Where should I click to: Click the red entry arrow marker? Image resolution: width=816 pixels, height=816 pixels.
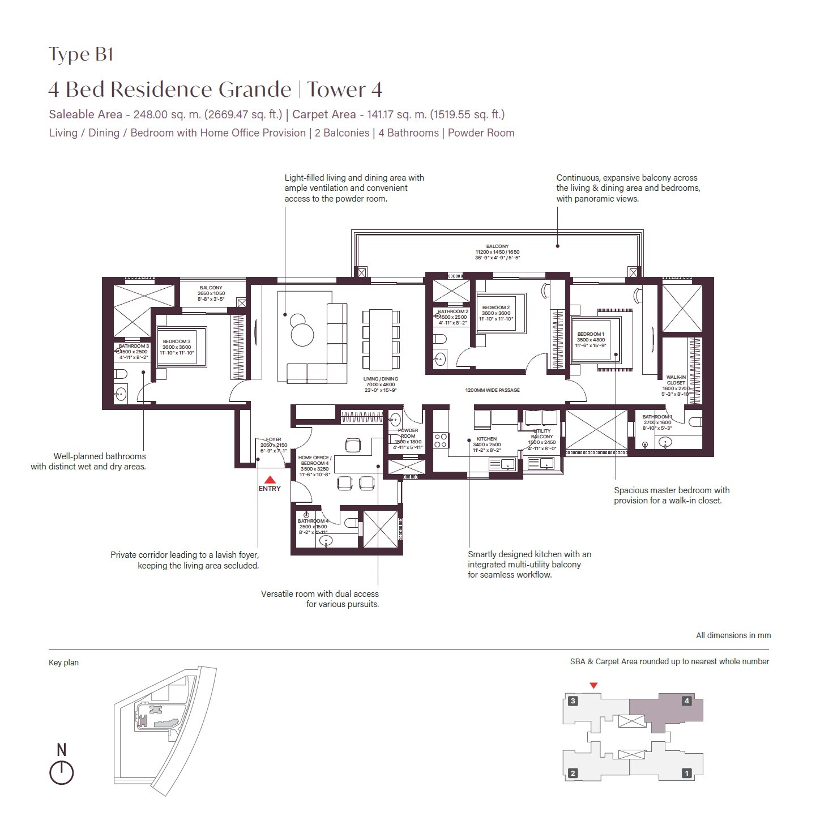(x=270, y=479)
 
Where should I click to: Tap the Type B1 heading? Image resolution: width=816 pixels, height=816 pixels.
(x=81, y=54)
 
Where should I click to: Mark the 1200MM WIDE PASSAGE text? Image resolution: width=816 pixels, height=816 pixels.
(x=492, y=390)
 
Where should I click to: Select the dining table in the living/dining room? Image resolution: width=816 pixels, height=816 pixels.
(x=381, y=338)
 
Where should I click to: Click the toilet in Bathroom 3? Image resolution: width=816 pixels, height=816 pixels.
(x=120, y=374)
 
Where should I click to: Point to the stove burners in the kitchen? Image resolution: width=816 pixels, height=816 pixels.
(x=441, y=441)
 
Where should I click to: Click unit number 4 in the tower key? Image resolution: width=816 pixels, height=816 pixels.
(x=687, y=701)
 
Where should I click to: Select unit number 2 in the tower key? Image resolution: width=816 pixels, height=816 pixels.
(x=573, y=773)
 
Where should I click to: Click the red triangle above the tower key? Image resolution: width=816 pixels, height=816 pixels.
(x=593, y=686)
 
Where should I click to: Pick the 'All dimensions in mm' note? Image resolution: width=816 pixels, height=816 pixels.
(x=733, y=635)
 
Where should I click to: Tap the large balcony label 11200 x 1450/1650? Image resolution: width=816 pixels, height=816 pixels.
(x=497, y=252)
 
